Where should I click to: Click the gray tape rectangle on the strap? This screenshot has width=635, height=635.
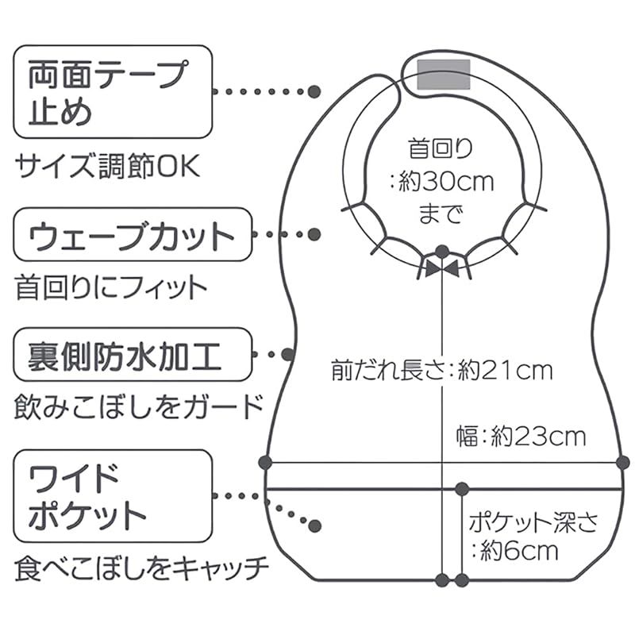444,74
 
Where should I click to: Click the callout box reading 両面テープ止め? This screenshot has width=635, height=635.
113,91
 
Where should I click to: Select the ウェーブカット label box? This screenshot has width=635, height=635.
133,234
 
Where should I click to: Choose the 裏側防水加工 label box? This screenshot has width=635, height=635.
133,354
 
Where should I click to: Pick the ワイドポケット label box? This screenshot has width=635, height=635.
113,495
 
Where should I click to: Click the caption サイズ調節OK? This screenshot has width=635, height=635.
108,166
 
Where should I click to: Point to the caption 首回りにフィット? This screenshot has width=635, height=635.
111,287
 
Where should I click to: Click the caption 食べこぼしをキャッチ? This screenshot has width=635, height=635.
142,568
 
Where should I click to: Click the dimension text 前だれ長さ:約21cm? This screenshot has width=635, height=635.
442,371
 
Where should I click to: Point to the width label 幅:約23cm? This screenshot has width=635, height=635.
521,437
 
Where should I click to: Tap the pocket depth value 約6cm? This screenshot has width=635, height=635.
519,551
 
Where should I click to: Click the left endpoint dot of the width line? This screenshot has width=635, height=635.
265,463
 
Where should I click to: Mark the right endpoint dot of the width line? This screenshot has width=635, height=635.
623,463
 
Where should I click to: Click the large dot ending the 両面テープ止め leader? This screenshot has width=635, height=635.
314,91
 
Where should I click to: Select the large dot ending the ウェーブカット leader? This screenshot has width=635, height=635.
314,234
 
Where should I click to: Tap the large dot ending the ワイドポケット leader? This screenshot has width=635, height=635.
314,525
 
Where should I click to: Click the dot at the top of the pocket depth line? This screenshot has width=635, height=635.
462,489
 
